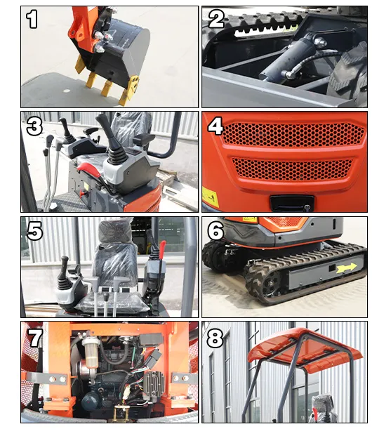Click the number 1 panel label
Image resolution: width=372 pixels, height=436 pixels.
click(32, 20)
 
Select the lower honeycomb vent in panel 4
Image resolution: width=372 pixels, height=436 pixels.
click(293, 169)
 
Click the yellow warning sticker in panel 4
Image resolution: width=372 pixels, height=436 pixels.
click(210, 197)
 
